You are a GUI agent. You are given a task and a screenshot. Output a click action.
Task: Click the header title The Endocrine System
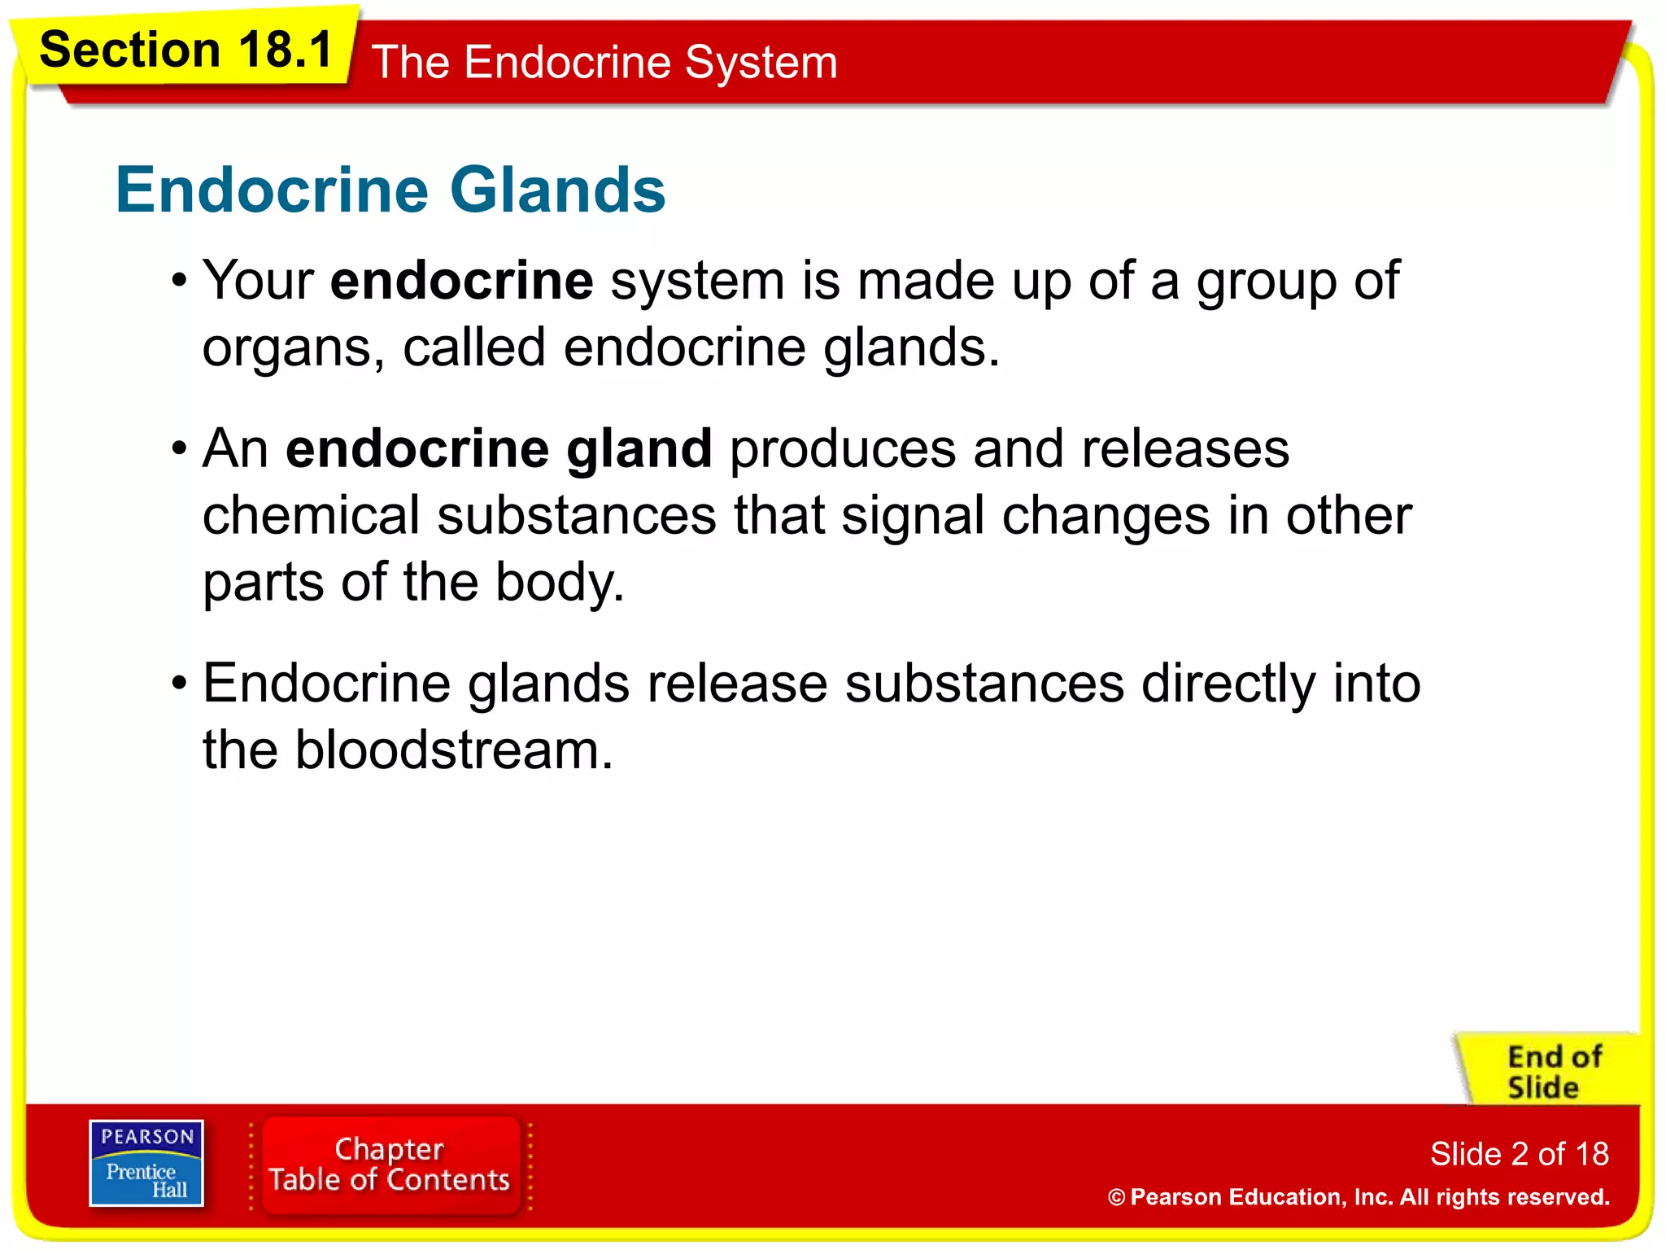[604, 63]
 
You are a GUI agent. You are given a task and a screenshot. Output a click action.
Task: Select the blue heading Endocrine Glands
[390, 190]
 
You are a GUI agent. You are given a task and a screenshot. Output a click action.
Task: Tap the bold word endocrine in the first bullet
[461, 281]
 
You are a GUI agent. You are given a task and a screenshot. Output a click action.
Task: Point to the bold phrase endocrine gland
[499, 448]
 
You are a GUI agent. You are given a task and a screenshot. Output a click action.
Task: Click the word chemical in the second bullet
[311, 516]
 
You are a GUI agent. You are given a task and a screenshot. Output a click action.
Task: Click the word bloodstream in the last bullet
[452, 750]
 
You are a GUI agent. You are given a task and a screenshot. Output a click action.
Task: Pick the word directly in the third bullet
[1228, 683]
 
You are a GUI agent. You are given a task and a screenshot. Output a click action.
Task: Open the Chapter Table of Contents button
[390, 1165]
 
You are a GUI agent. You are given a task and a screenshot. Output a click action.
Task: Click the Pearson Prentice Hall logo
[146, 1163]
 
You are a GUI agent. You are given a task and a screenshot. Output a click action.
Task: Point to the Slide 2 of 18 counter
[1519, 1154]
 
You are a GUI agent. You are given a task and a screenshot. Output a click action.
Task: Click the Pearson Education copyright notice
[1358, 1197]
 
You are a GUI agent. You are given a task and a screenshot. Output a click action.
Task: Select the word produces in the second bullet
[843, 448]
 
